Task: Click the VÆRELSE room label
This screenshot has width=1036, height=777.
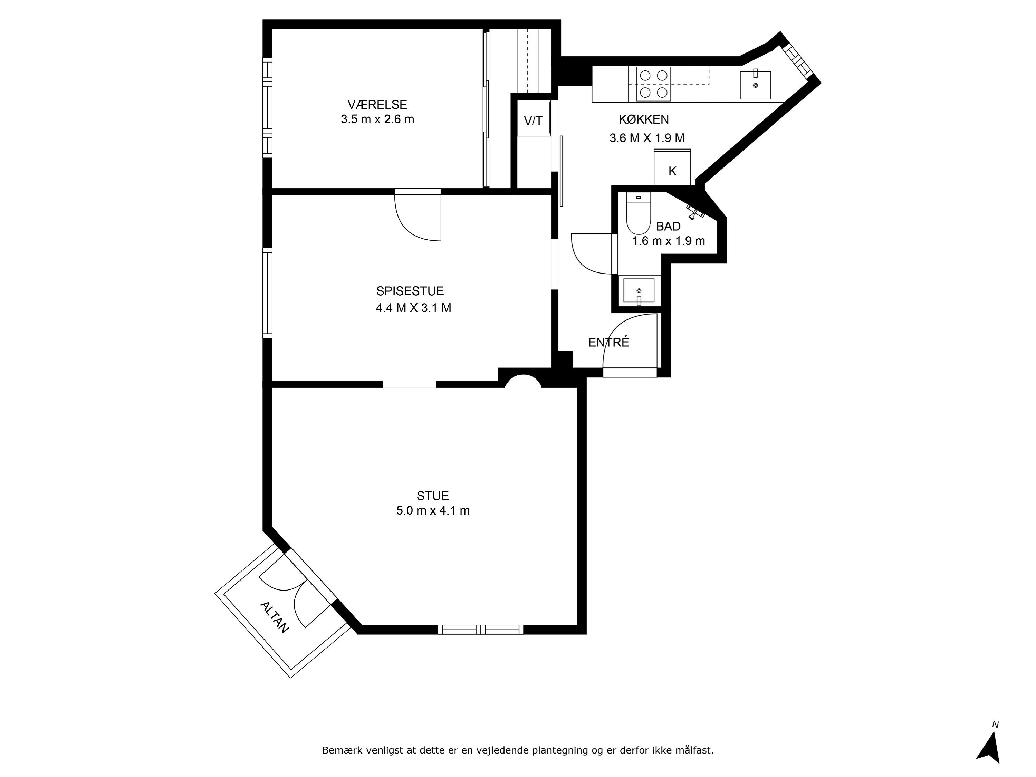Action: click(377, 104)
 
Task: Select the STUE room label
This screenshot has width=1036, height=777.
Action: click(433, 496)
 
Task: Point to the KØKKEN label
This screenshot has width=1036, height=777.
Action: click(643, 119)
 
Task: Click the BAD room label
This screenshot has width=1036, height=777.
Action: click(668, 226)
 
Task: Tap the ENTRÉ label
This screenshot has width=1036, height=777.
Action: click(608, 342)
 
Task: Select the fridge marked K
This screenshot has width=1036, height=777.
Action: click(672, 167)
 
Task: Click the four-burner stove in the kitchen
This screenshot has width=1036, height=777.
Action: click(653, 84)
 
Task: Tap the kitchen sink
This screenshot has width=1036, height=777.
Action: click(755, 85)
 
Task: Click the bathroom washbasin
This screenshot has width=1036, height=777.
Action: click(639, 290)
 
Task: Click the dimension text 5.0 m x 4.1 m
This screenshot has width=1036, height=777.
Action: click(433, 510)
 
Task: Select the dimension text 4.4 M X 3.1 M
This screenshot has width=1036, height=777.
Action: click(414, 308)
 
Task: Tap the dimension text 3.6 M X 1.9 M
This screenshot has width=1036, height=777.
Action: click(647, 138)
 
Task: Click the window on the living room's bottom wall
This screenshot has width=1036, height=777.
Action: click(481, 630)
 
